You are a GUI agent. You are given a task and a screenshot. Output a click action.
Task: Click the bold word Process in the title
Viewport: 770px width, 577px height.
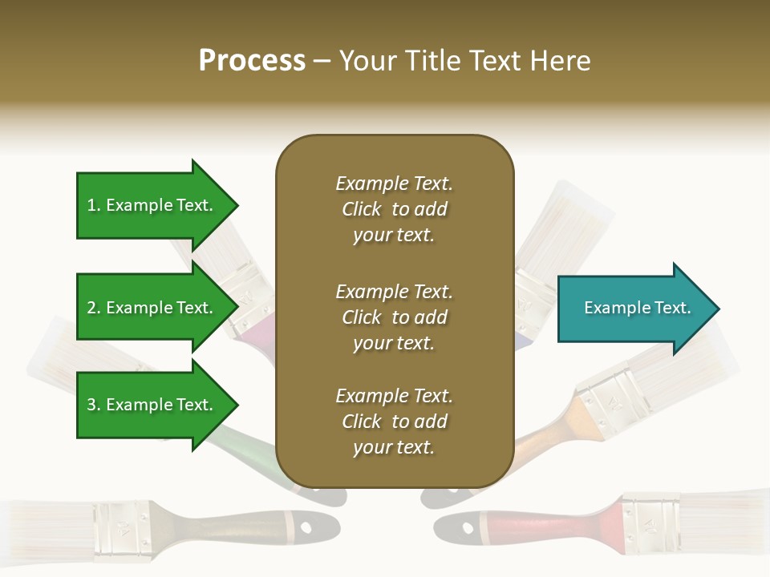click(x=252, y=61)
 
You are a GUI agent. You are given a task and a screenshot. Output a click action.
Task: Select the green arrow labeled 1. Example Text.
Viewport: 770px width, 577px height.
click(x=152, y=205)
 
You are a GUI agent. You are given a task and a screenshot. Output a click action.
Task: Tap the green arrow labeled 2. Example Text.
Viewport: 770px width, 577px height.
click(x=152, y=308)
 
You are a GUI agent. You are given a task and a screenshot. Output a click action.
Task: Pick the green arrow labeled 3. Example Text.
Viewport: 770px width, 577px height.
click(x=152, y=405)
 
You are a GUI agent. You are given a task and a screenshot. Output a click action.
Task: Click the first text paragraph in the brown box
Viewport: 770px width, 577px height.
click(x=394, y=209)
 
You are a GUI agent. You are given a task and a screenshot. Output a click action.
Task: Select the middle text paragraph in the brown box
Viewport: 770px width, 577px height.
click(x=394, y=317)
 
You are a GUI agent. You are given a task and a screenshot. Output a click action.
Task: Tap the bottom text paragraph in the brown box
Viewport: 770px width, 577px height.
click(x=394, y=422)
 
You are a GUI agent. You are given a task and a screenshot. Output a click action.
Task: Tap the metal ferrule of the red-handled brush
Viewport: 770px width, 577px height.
click(x=650, y=523)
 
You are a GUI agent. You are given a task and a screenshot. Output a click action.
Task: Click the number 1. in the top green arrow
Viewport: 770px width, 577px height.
click(x=93, y=205)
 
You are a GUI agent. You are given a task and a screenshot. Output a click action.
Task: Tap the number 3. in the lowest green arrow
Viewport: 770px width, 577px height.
click(x=93, y=405)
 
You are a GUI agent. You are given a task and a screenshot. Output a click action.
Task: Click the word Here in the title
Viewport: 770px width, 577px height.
click(x=561, y=61)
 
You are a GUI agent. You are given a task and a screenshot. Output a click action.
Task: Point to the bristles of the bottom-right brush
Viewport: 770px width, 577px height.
click(x=726, y=513)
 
